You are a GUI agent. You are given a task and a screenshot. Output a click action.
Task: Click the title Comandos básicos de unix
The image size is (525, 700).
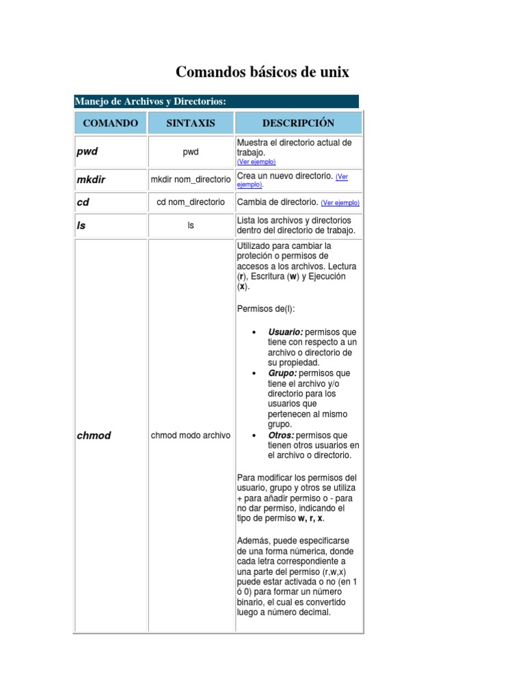262,72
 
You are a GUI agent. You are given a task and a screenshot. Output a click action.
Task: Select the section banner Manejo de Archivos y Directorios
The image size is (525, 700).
150,101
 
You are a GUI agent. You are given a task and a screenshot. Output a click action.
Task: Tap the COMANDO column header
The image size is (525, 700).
110,123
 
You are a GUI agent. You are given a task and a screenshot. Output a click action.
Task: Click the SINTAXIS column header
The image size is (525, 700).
191,123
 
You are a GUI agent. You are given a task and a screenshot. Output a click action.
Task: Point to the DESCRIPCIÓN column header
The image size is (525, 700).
299,123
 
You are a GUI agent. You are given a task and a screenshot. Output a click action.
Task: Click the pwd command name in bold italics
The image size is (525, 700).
87,152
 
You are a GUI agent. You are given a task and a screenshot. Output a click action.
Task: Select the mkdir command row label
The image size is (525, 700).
91,180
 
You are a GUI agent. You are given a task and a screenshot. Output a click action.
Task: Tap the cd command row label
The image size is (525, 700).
83,202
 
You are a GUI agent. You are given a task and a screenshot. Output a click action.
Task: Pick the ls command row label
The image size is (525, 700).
81,225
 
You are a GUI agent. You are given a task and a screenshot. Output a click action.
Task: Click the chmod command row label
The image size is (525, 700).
94,435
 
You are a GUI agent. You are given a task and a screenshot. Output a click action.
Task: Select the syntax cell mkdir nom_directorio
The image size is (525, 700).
191,180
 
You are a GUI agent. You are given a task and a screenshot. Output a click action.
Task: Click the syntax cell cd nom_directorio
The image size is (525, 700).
191,202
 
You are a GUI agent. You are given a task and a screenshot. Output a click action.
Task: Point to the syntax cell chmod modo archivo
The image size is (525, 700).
191,435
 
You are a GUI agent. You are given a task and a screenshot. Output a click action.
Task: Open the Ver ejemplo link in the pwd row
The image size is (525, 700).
256,162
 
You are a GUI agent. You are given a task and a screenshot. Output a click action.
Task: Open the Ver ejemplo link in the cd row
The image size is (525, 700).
340,203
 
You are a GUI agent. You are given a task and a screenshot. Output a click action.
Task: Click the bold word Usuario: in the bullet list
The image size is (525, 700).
285,332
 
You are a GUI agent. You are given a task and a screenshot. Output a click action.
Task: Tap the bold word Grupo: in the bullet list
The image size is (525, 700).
282,373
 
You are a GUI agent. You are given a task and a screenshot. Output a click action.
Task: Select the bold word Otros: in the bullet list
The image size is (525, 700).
281,435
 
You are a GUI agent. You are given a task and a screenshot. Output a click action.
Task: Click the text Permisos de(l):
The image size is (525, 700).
266,308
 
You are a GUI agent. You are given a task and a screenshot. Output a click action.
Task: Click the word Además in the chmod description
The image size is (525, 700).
254,540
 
